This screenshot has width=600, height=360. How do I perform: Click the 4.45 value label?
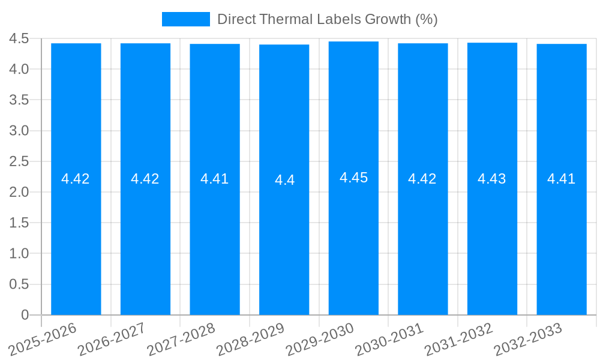tap(353, 178)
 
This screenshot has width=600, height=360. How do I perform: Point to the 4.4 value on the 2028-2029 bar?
tap(284, 180)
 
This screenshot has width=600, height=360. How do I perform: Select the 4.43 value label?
tap(492, 179)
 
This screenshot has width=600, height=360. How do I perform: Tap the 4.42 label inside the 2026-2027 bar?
tap(145, 179)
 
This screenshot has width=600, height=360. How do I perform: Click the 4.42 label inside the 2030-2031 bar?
tap(422, 179)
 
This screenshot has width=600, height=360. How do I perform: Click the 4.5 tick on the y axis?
tap(19, 38)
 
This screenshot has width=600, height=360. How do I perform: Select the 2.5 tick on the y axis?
tap(19, 161)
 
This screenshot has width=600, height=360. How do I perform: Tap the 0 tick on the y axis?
tap(25, 315)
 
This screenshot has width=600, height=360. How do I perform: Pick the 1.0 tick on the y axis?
tap(19, 253)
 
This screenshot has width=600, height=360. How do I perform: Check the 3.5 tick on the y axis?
tap(19, 100)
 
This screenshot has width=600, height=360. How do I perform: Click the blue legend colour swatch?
tap(186, 19)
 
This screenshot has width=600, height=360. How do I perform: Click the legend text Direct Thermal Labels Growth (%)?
tap(327, 19)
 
